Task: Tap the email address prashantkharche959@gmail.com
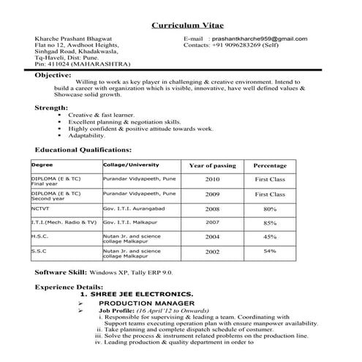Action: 259,38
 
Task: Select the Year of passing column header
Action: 212,165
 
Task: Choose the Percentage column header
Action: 270,165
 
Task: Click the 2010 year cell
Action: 212,178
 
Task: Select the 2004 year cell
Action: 212,237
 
